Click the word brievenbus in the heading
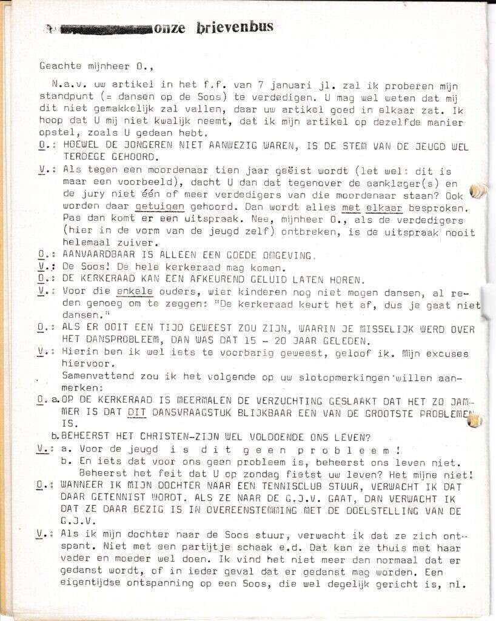235,27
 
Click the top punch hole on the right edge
478,190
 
